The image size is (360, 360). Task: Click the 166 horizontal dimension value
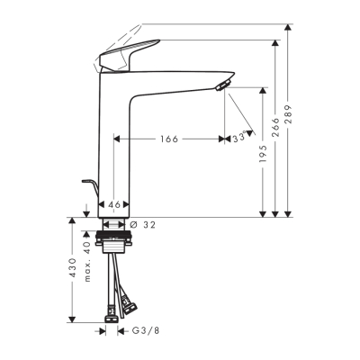pyautogui.click(x=168, y=139)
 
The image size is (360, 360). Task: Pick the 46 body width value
pyautogui.click(x=114, y=205)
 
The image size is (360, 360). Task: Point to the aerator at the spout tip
pyautogui.click(x=223, y=85)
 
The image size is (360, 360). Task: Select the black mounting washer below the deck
pyautogui.click(x=115, y=234)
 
